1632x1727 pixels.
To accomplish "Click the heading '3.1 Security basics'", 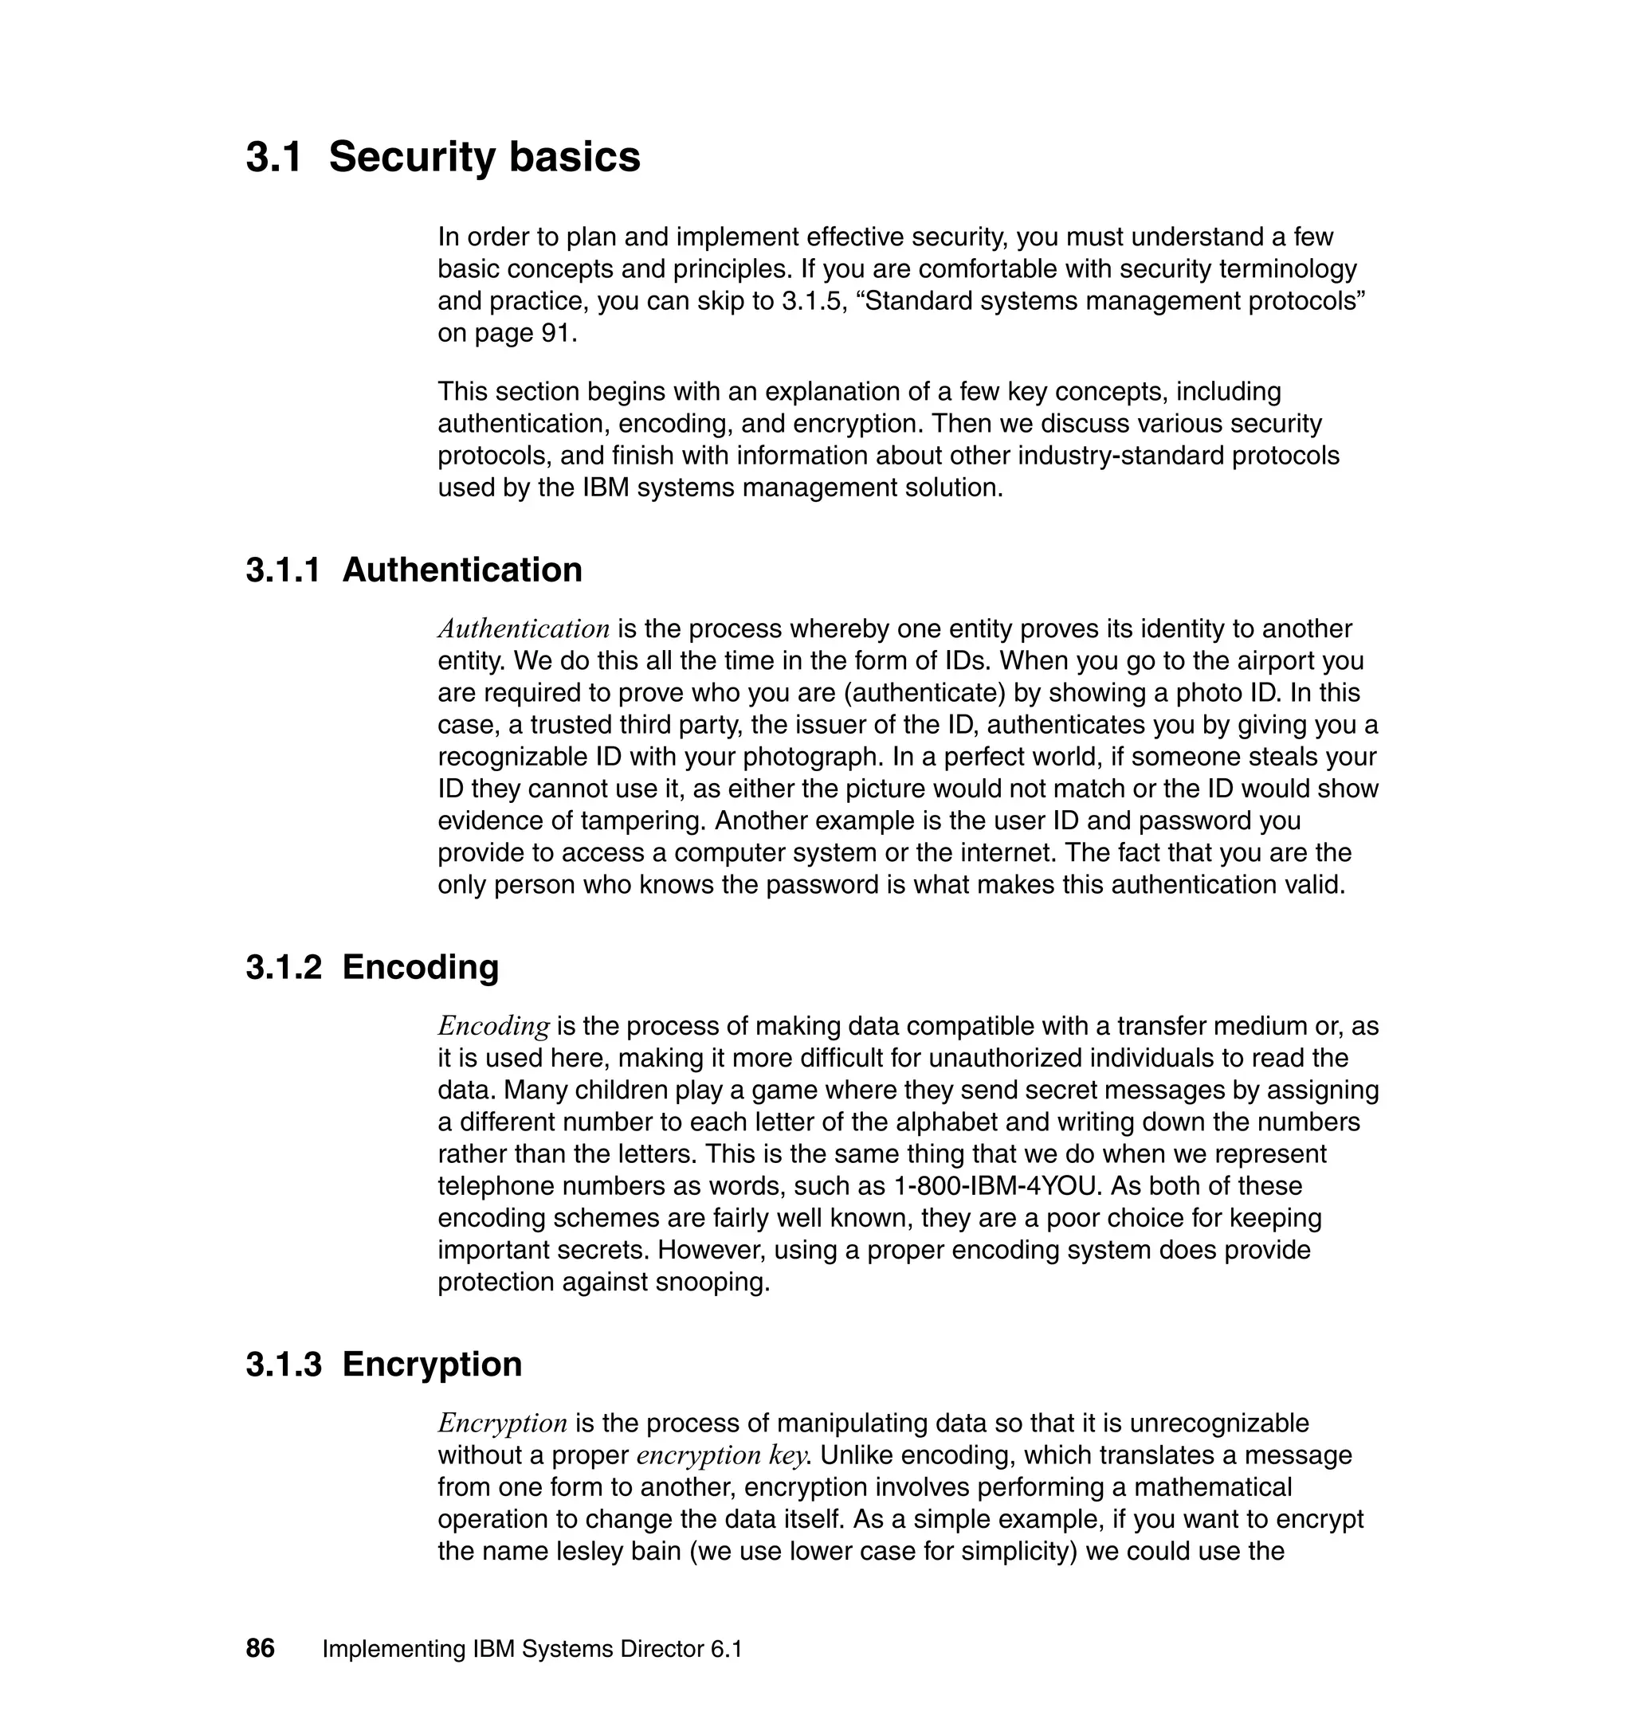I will point(443,158).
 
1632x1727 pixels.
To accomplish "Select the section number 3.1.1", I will point(283,570).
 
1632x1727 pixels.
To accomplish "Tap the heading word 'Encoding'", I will point(420,967).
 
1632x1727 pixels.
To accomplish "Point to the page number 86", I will point(260,1649).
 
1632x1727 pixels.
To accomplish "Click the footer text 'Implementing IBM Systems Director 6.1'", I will point(532,1650).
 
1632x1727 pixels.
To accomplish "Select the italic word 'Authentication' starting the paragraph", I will point(523,629).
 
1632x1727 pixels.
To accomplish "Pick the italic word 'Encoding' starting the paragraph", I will point(493,1026).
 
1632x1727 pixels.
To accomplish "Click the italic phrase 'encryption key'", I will point(721,1455).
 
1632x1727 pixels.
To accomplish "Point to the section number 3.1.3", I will point(283,1365).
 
